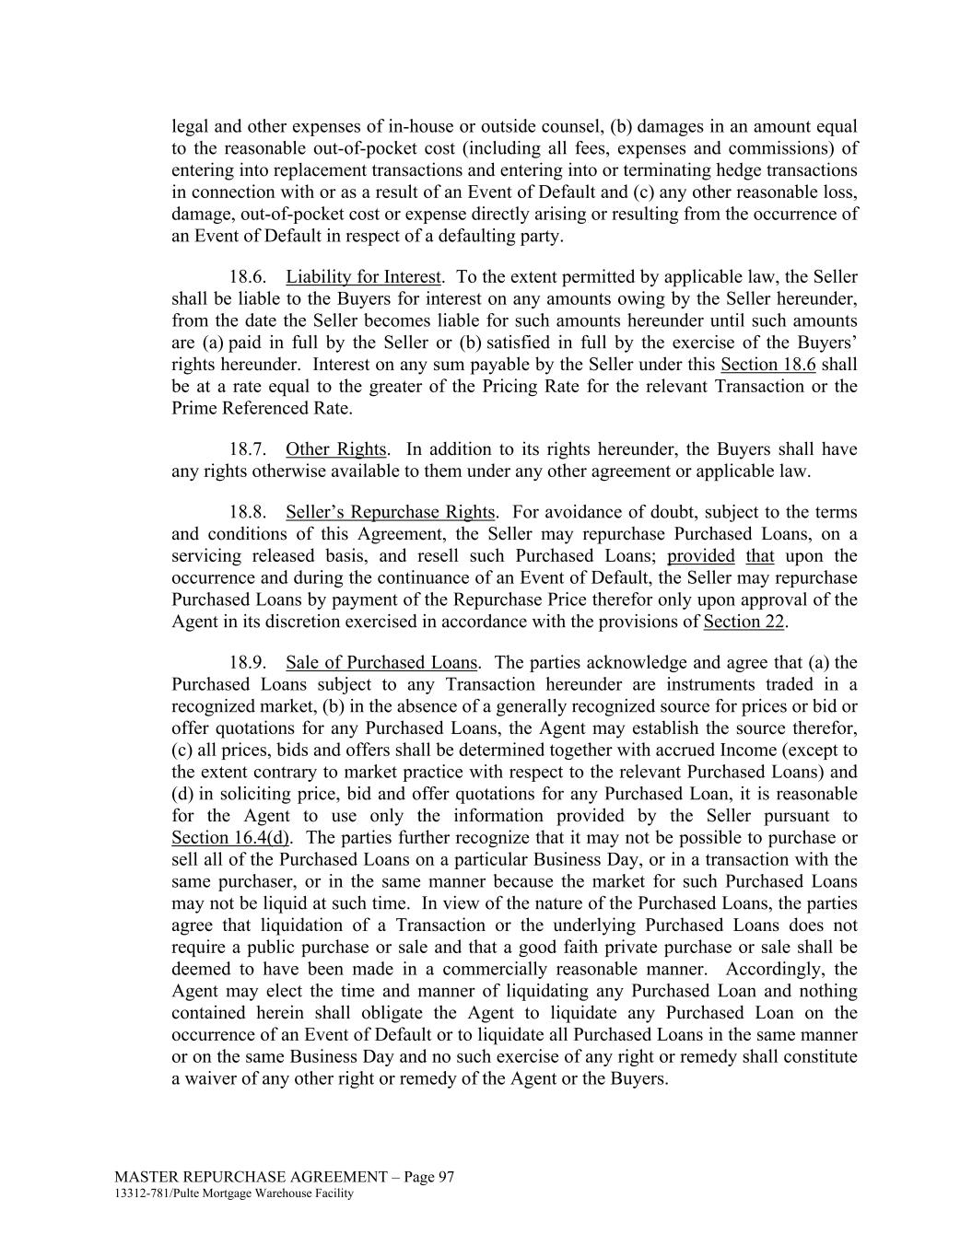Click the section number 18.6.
(x=248, y=277)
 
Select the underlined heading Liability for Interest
(x=363, y=277)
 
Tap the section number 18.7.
(x=248, y=449)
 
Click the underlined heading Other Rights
(x=335, y=449)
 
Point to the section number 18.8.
(x=248, y=512)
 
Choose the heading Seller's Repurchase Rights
(x=391, y=512)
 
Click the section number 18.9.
(x=248, y=662)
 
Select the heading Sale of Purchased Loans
(x=381, y=662)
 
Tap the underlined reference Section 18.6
(x=768, y=364)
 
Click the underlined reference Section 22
(x=744, y=622)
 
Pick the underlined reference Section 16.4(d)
(x=230, y=838)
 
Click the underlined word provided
(x=700, y=556)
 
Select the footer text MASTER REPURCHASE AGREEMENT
(x=251, y=1177)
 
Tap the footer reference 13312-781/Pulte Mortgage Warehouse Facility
(x=234, y=1193)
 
